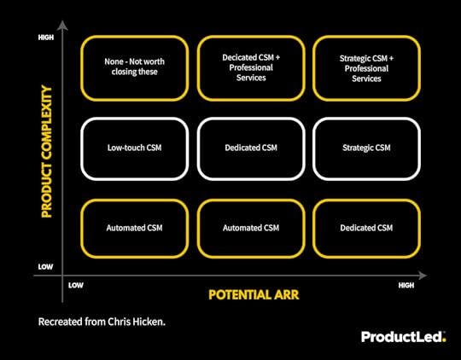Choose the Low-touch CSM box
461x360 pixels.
[134, 148]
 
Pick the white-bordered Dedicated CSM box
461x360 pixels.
[250, 148]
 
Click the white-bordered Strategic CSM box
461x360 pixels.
[366, 148]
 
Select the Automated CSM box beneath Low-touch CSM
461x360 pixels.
[134, 228]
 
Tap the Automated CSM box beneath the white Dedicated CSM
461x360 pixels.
[250, 228]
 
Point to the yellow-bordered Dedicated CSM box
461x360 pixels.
[366, 228]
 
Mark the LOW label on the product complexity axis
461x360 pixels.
[46, 267]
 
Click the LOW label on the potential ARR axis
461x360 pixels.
[75, 285]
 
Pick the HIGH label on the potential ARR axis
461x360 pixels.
[406, 285]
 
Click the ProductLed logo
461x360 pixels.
[402, 337]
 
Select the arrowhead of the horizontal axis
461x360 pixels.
[424, 276]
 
